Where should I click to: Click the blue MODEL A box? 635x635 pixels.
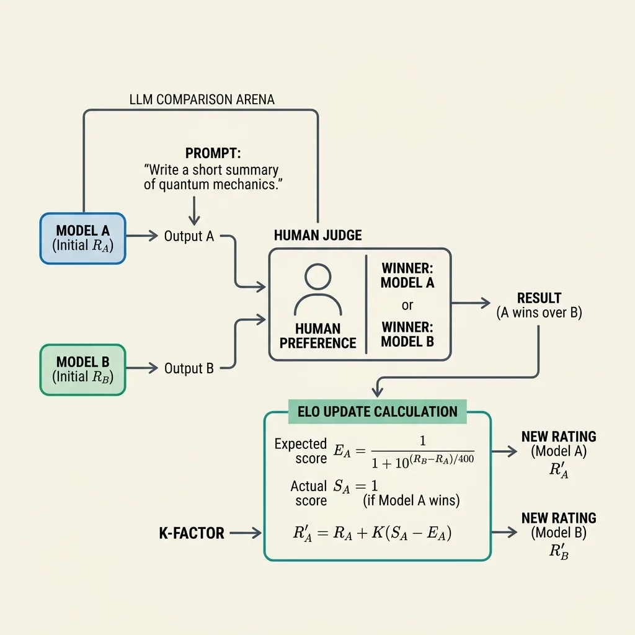pos(83,238)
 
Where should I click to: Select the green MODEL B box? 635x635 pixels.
pos(83,369)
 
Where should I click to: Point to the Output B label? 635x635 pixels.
pos(189,368)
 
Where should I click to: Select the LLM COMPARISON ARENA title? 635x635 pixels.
pos(202,99)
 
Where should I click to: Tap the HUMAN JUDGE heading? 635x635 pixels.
pos(317,236)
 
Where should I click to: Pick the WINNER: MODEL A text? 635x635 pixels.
pos(407,276)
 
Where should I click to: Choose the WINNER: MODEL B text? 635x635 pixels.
pos(407,334)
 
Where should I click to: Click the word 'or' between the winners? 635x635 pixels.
pos(407,305)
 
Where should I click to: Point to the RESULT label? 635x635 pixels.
pos(539,298)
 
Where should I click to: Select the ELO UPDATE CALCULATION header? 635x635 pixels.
pos(377,411)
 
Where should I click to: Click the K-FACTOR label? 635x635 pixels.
pos(192,533)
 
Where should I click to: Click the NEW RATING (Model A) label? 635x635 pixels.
pos(559,444)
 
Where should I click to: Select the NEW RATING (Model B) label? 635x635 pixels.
pos(559,525)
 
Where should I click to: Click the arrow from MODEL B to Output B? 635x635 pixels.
pos(143,368)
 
